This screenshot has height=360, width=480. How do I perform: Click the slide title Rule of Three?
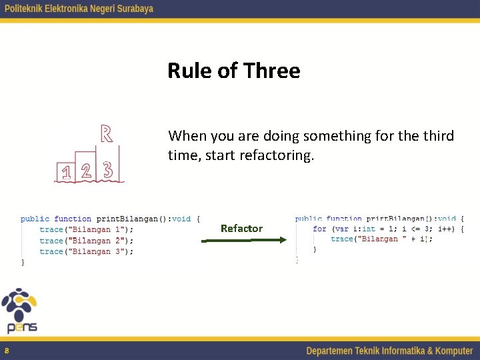[x=234, y=71]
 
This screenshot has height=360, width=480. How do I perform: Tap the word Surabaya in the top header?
[x=132, y=9]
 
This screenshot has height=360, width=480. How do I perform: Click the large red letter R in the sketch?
[x=105, y=133]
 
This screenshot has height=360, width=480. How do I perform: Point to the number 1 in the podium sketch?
[x=66, y=173]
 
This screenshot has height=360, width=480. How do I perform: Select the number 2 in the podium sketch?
[x=86, y=171]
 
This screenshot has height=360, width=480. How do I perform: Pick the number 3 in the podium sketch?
[x=108, y=170]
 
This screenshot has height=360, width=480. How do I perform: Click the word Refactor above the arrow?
[x=241, y=228]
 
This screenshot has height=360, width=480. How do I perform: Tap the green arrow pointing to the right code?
[x=243, y=241]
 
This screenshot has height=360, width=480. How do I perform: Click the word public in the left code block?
[x=35, y=219]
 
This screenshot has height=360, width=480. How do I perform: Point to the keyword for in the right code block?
[x=320, y=229]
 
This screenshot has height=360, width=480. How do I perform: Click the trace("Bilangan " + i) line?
[x=381, y=239]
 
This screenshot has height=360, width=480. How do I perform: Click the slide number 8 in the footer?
[x=7, y=351]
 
